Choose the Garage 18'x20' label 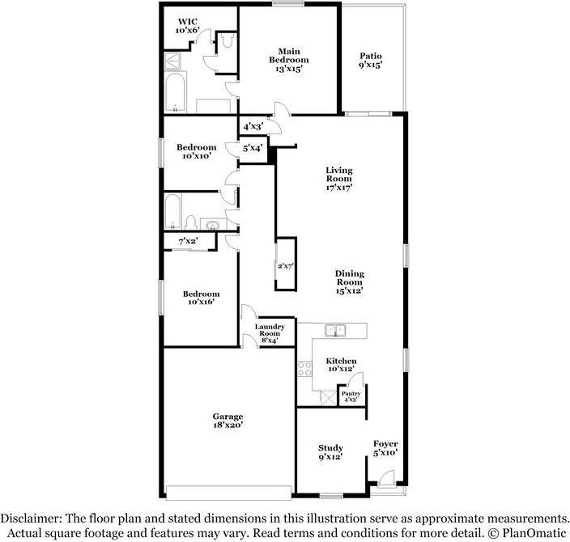228,421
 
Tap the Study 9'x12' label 330,452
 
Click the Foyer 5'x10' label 385,448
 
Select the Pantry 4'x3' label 351,396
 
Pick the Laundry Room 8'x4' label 270,332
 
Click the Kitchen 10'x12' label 341,365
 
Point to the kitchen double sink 335,330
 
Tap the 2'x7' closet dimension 286,265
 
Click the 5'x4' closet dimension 253,148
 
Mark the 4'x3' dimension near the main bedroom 253,125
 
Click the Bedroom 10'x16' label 201,298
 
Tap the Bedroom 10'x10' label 197,151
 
